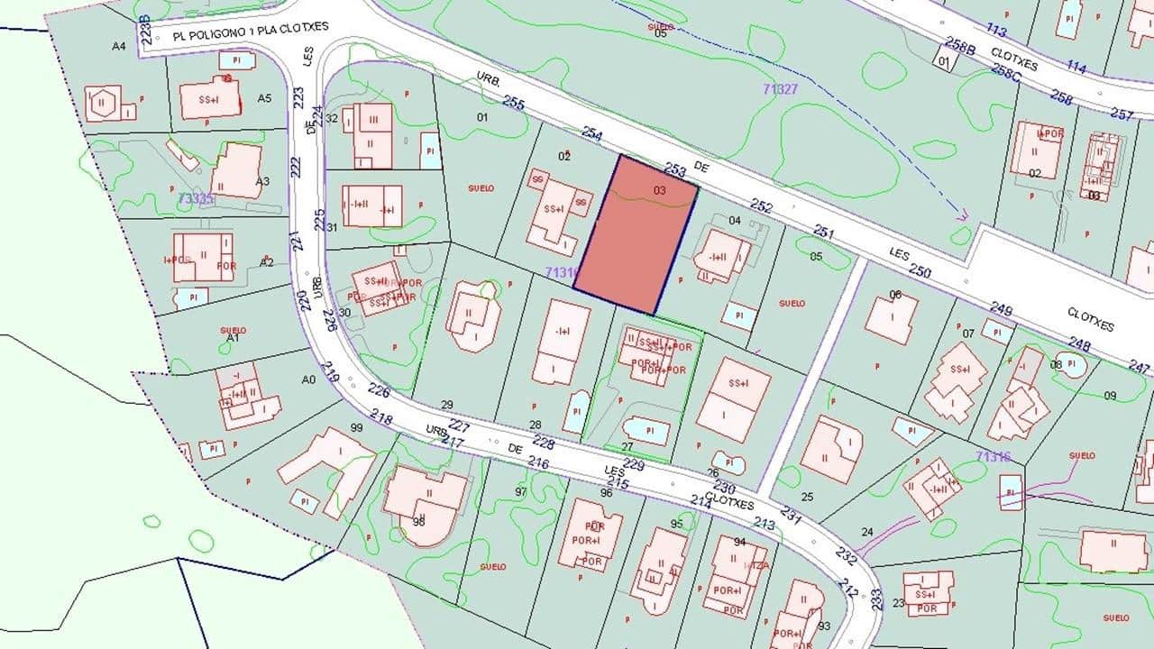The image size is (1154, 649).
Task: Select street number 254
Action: click(592, 135)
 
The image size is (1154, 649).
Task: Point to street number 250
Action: click(920, 270)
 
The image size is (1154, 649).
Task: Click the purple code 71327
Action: click(780, 88)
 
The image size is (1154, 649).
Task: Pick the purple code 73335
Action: click(197, 198)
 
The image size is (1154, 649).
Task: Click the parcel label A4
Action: click(119, 46)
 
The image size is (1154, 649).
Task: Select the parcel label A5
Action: click(264, 97)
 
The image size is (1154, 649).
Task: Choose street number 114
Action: click(1076, 67)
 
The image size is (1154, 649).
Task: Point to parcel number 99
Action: click(356, 427)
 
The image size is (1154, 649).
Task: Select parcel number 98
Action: click(418, 522)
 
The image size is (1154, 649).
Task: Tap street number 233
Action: click(876, 596)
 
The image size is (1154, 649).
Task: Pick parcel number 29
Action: click(446, 405)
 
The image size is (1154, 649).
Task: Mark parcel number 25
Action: click(807, 497)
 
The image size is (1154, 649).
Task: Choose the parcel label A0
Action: click(309, 379)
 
